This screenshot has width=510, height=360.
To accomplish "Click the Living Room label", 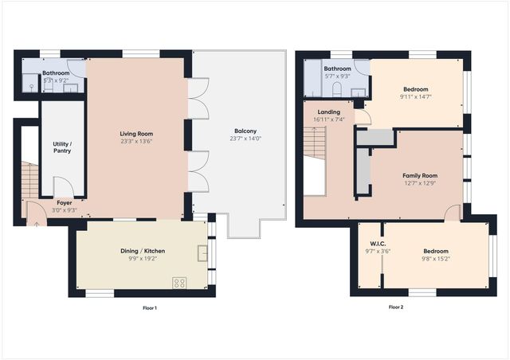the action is [136, 134].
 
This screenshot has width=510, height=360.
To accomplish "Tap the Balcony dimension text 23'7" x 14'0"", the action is [245, 139].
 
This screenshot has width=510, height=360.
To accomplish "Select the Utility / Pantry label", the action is [62, 147].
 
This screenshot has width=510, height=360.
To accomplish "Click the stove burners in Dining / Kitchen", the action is [179, 283].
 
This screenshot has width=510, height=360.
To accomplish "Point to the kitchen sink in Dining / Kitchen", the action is [202, 253].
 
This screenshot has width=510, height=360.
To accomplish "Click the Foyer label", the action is [65, 202].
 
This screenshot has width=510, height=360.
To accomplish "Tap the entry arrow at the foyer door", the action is [37, 224].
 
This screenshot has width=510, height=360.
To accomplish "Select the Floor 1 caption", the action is [150, 307].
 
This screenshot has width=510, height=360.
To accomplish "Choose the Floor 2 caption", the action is [396, 307].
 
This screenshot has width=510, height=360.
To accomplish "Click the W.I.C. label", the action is [378, 244].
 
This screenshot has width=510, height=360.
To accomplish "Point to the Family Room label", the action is [420, 175].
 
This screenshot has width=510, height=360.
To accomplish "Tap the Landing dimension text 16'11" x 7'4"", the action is [329, 119].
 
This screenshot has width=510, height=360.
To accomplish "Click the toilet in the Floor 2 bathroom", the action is [337, 88].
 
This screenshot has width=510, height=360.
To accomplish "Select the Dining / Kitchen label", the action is [143, 251].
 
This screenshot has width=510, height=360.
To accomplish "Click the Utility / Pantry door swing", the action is [64, 186].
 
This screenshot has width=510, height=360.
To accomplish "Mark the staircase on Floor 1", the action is [30, 180].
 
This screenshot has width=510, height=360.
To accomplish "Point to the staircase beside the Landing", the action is [315, 143].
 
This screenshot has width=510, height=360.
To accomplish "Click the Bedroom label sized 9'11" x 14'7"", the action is [416, 89].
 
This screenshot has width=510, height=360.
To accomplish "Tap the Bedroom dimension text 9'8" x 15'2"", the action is [436, 259].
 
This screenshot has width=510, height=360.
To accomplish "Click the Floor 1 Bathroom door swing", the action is [76, 68].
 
